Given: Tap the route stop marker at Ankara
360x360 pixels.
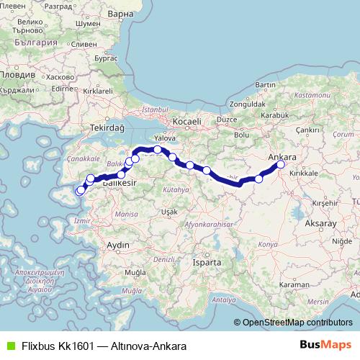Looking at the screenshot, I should pyautogui.click(x=281, y=165).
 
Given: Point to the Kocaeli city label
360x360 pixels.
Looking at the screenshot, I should pyautogui.click(x=185, y=122).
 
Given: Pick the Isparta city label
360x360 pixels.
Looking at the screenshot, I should pyautogui.click(x=207, y=263).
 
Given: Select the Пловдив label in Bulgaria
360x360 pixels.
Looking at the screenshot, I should pyautogui.click(x=16, y=74).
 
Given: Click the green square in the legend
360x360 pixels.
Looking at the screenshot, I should pyautogui.click(x=9, y=346).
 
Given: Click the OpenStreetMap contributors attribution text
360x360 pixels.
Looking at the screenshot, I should pyautogui.click(x=297, y=323).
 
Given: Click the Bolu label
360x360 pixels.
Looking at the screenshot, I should pyautogui.click(x=242, y=134).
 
